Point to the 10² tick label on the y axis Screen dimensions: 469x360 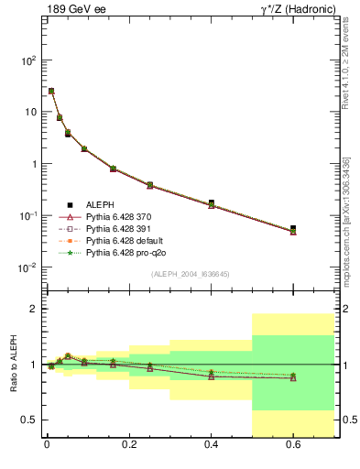[28, 60]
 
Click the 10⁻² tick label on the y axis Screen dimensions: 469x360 [27, 267]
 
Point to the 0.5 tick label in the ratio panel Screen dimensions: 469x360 [27, 420]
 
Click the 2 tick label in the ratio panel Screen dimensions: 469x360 [33, 310]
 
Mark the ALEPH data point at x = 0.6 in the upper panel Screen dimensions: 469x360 [293, 228]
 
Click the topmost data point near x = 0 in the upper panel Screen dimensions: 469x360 [51, 91]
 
